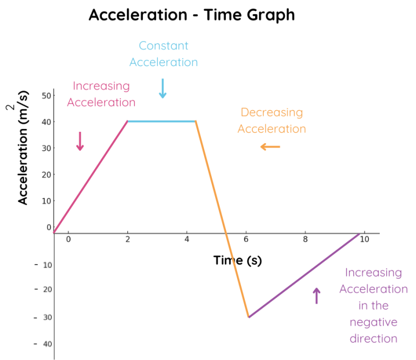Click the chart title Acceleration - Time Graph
[x=192, y=15]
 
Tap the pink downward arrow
[x=80, y=141]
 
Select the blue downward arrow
[x=162, y=88]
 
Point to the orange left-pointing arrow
[x=270, y=146]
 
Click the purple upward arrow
[x=317, y=295]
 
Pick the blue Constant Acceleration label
[x=164, y=54]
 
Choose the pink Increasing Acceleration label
[x=101, y=94]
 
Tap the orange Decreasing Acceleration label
[x=272, y=120]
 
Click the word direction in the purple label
[x=374, y=339]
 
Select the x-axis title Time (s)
[x=237, y=260]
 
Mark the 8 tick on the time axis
[x=305, y=239]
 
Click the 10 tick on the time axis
[x=364, y=239]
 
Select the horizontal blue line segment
[x=161, y=121]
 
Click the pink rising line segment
[x=91, y=176]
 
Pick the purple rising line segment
[x=303, y=275]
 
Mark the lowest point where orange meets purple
[x=249, y=317]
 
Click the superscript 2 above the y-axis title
[x=11, y=108]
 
